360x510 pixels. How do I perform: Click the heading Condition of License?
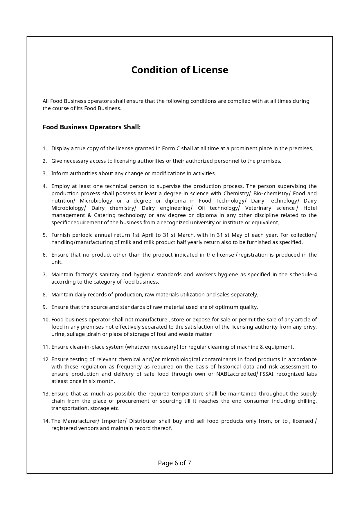[x=179, y=70]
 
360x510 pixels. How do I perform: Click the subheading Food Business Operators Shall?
[x=91, y=127]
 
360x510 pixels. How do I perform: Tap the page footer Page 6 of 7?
[x=174, y=463]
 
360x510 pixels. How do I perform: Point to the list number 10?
[x=46, y=320]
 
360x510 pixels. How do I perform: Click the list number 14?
[x=46, y=421]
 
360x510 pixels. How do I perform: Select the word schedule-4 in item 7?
[x=303, y=275]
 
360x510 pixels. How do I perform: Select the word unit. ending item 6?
[x=57, y=262]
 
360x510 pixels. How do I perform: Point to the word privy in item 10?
[x=310, y=327]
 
